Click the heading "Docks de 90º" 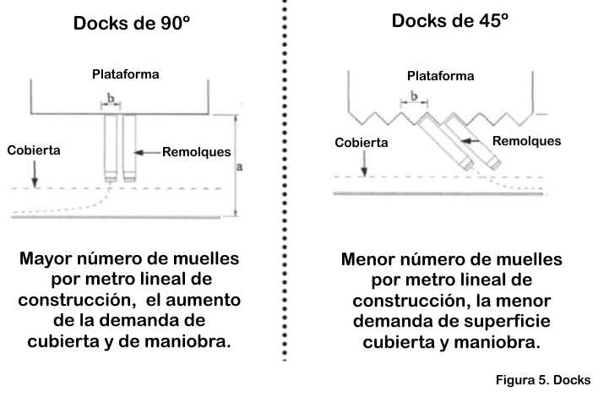tap(132, 23)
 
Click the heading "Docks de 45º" tap(449, 20)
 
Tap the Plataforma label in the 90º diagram tap(126, 74)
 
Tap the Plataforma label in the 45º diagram tap(440, 76)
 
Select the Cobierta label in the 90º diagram tap(34, 150)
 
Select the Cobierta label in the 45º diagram tap(362, 143)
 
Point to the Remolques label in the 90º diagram tap(197, 152)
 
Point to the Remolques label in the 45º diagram tap(527, 140)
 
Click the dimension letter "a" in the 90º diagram tap(239, 167)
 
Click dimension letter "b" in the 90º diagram tap(111, 98)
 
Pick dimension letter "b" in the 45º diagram tap(414, 96)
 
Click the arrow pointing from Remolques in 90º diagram tap(148, 153)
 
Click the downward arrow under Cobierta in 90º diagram tap(35, 174)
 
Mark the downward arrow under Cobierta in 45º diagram tap(364, 163)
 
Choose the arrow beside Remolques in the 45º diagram tap(475, 141)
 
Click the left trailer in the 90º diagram tap(111, 148)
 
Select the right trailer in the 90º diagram tap(130, 148)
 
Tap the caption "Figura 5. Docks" tap(543, 380)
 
